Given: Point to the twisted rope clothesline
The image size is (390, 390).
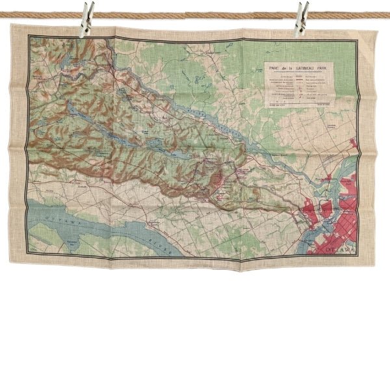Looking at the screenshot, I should pyautogui.click(x=195, y=14).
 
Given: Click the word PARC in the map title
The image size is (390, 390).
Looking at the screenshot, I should pyautogui.click(x=276, y=66).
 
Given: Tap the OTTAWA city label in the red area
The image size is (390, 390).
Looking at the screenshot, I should pyautogui.click(x=341, y=250).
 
